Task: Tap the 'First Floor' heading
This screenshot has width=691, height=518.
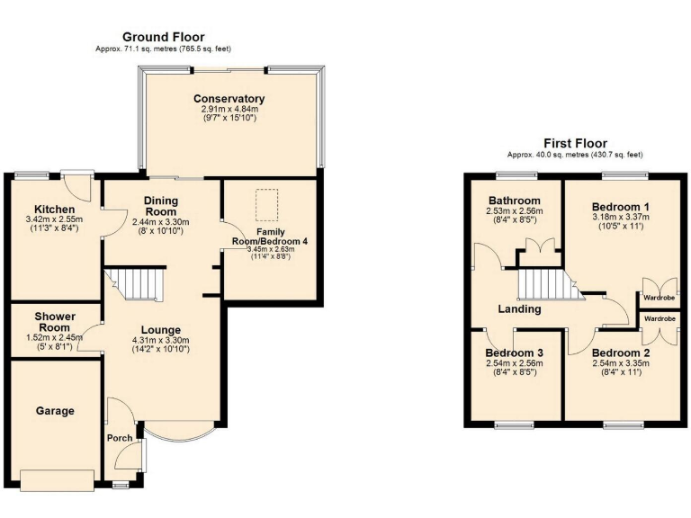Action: [x=575, y=143]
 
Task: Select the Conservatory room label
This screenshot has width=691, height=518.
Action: [x=229, y=98]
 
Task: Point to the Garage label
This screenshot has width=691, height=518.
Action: [x=55, y=411]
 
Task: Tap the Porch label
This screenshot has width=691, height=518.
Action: [x=120, y=438]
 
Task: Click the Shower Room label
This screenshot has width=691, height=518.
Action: [x=55, y=322]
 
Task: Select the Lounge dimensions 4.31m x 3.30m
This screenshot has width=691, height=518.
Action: [x=161, y=341]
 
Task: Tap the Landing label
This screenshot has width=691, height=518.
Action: [x=519, y=309]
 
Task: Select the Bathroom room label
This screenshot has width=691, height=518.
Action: [x=514, y=200]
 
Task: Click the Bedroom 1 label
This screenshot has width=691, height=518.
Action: [x=621, y=206]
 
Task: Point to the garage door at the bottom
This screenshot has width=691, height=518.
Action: [x=58, y=479]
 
